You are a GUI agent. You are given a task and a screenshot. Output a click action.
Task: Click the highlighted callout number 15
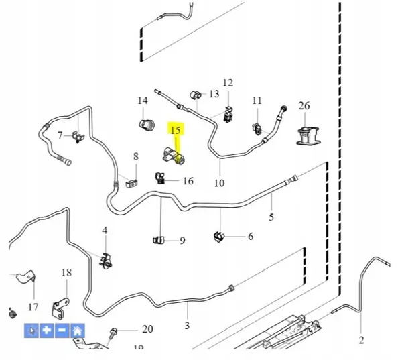(176, 130)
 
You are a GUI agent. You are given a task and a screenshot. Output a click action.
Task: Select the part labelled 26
(309, 135)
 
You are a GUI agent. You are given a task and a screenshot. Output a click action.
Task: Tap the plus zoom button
(46, 331)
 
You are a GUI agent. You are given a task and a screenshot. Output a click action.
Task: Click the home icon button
(78, 331)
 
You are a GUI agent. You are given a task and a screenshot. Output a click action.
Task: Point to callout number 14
(143, 101)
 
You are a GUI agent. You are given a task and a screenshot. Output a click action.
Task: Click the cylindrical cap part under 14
(147, 125)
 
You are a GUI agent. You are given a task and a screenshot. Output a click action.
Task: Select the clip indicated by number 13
(196, 95)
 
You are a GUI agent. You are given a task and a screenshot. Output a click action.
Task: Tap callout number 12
(228, 83)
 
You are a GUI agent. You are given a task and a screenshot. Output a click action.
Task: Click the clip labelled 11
(257, 129)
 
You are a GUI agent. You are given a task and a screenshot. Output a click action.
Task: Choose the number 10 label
(220, 183)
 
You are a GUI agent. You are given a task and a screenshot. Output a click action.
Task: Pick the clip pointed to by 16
(159, 178)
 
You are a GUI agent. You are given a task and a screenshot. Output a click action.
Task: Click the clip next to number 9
(158, 240)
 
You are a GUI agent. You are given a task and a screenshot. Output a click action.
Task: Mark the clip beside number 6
(218, 237)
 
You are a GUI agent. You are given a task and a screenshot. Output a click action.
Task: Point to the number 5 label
(271, 217)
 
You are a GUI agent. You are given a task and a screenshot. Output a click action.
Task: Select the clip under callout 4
(105, 261)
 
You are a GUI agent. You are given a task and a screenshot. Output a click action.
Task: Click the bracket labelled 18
(60, 308)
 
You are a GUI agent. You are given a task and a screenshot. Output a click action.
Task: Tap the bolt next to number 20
(113, 333)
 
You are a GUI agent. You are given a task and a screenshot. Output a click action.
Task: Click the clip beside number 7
(78, 137)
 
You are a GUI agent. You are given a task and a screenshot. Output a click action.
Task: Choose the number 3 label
(187, 326)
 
